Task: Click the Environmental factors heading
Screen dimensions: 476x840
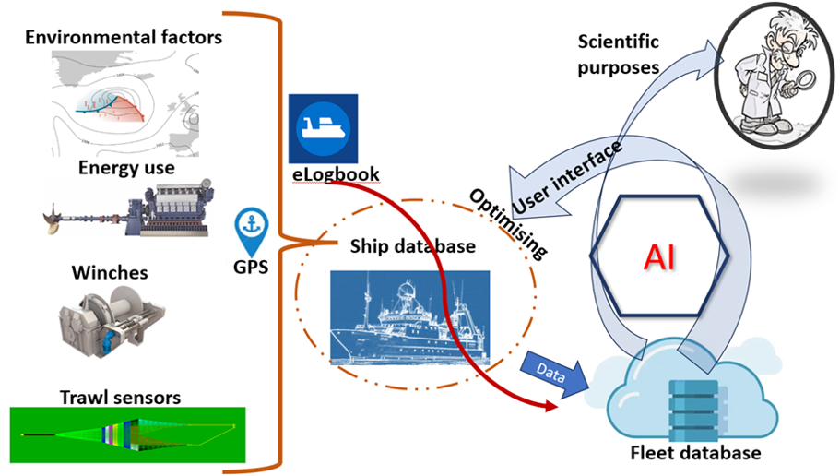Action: click(124, 38)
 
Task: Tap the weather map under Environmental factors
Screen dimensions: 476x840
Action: click(129, 102)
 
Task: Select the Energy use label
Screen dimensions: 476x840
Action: click(124, 168)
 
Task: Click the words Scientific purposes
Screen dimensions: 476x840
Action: click(618, 54)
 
